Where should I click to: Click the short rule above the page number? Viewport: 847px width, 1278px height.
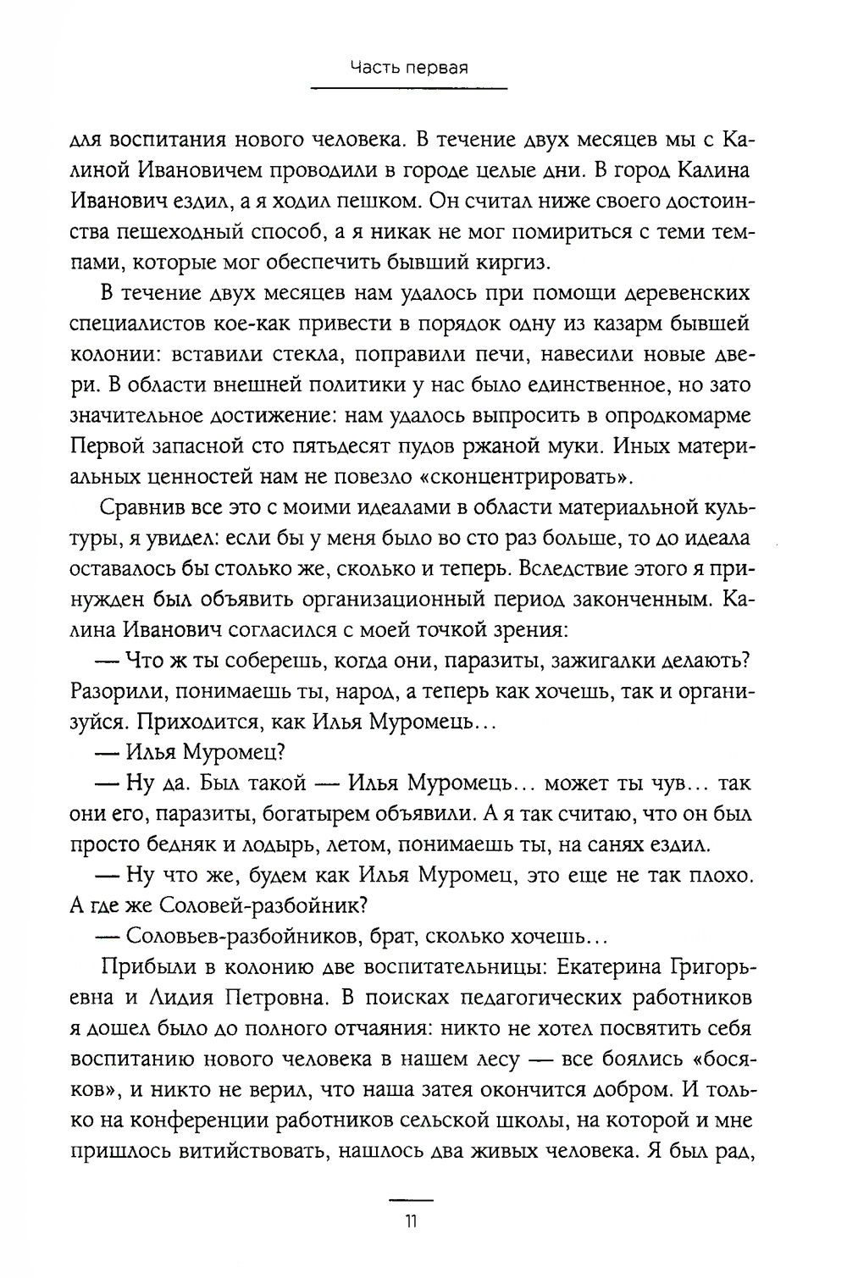point(410,1200)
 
